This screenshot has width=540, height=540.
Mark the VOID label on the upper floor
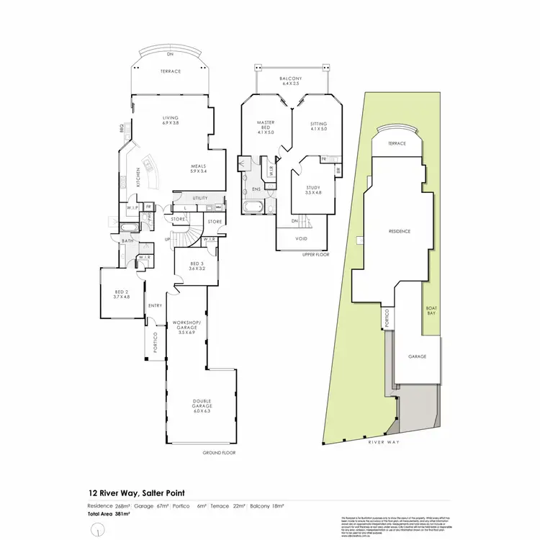tap(303, 238)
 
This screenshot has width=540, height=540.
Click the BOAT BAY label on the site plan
tap(432, 310)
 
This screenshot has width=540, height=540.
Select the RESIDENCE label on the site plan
tap(400, 231)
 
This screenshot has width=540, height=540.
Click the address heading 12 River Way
tap(138, 493)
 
